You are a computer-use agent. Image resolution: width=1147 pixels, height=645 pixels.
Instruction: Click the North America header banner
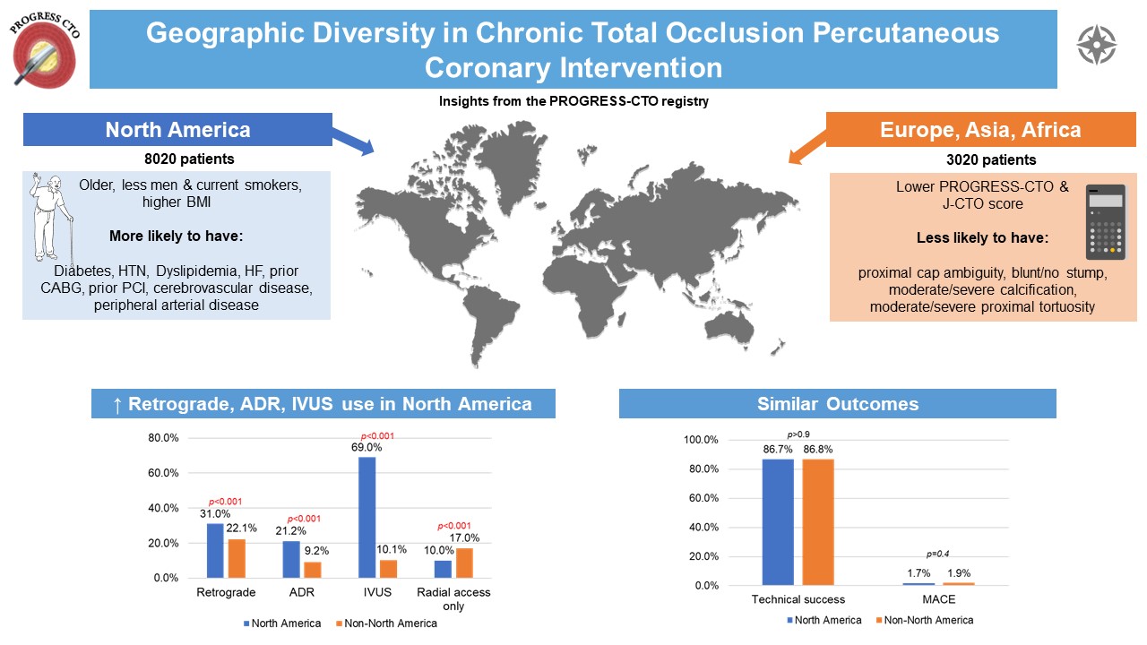click(x=177, y=130)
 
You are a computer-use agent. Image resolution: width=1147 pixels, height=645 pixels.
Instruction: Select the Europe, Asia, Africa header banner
click(x=980, y=130)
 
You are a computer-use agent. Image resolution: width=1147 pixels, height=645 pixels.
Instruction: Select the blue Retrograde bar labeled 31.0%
click(x=215, y=550)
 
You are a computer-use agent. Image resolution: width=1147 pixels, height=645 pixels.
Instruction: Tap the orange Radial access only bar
click(x=462, y=563)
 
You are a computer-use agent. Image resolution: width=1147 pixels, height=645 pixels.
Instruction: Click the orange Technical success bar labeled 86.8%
click(x=817, y=522)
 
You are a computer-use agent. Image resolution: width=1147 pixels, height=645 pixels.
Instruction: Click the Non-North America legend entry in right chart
click(x=927, y=620)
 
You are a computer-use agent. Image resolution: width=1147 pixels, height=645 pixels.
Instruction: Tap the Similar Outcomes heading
click(x=837, y=404)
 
